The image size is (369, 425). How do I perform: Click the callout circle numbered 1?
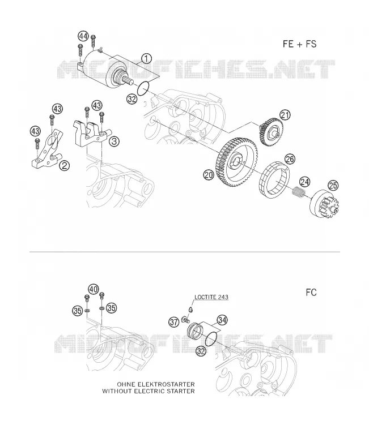[147, 58]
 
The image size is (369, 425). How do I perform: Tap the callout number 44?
[83, 36]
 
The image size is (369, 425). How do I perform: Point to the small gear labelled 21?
[271, 132]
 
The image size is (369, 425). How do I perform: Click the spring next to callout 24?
[299, 192]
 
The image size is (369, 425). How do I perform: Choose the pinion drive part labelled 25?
[324, 204]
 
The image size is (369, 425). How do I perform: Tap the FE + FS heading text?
[299, 44]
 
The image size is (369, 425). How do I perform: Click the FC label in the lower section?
[311, 293]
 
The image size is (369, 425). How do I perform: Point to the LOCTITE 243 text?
[211, 297]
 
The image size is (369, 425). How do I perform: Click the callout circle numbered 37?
[174, 322]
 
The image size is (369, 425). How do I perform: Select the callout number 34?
[222, 320]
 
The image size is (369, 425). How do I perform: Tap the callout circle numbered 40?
[94, 289]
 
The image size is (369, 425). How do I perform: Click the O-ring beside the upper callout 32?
[143, 88]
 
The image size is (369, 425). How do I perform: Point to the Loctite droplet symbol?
[191, 309]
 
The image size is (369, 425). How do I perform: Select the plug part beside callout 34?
[194, 329]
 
